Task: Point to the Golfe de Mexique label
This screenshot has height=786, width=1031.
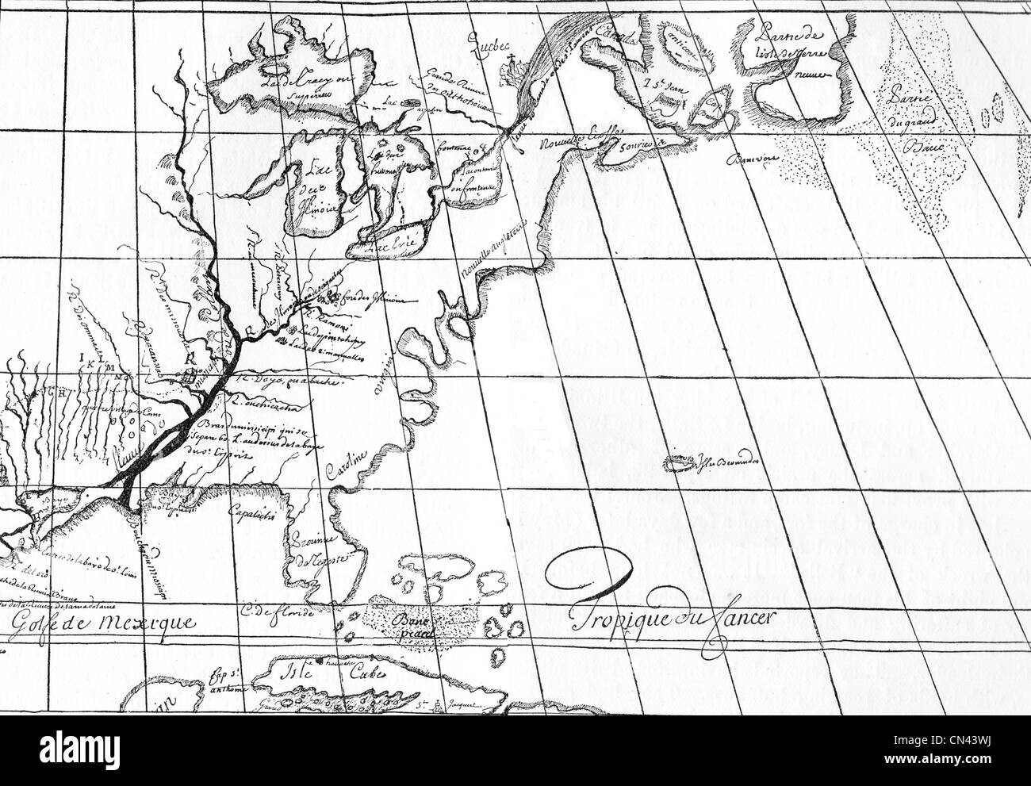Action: click(x=102, y=620)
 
